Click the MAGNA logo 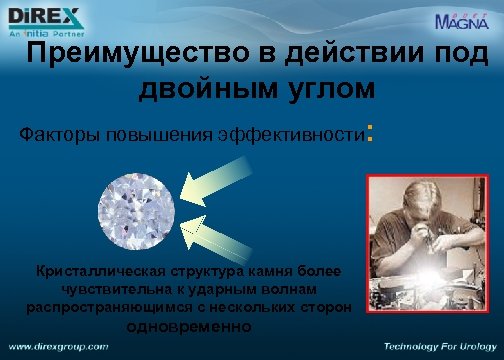point(462,20)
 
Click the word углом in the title point(326,89)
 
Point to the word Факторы point(59,134)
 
